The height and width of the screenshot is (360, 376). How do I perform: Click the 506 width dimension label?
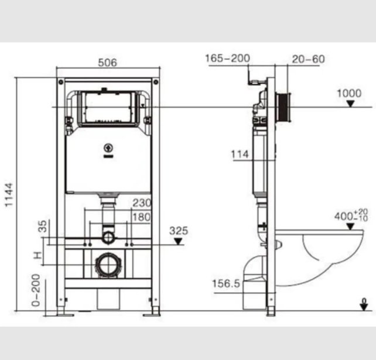click(x=107, y=63)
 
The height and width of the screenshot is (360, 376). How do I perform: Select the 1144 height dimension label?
click(x=9, y=194)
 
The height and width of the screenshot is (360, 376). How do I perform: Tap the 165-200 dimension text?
click(x=228, y=58)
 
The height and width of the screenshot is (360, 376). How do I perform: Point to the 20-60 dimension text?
click(x=309, y=59)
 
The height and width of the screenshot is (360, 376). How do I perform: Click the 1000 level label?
click(x=349, y=93)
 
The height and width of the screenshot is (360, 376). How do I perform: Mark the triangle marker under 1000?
click(x=351, y=104)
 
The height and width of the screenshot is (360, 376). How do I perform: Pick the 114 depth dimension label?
click(x=240, y=154)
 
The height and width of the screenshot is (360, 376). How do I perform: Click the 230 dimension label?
click(x=142, y=203)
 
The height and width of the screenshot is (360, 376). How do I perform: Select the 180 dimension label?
click(x=142, y=217)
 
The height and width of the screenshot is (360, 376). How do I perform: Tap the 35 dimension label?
click(x=43, y=227)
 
